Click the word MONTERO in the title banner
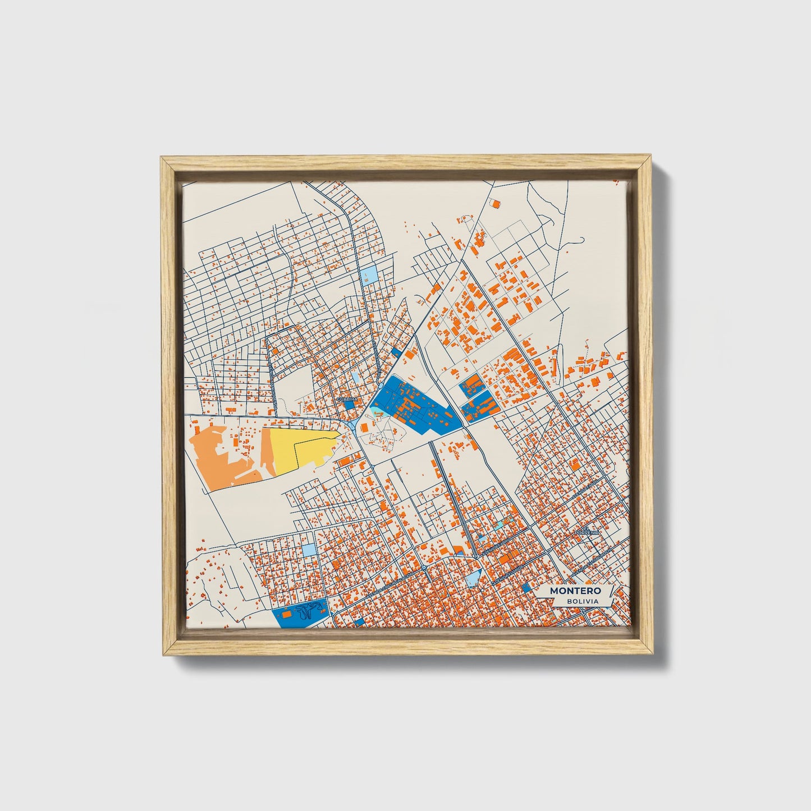point(575,591)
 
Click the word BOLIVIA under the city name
point(582,602)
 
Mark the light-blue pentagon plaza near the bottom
point(473,576)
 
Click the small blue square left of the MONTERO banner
point(526,588)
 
